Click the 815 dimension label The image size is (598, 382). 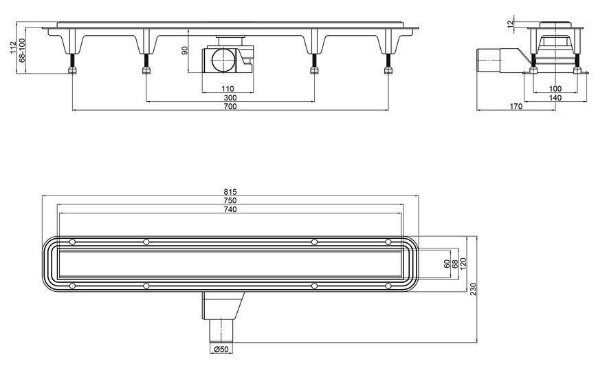[230, 192]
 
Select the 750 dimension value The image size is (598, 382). [230, 200]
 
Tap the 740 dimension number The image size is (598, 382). [230, 209]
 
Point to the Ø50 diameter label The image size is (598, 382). [221, 349]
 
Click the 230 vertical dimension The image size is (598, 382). [474, 289]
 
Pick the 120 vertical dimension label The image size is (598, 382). [464, 264]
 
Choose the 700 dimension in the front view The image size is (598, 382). [230, 107]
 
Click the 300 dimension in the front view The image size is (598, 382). [230, 98]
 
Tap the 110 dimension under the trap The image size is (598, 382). [228, 89]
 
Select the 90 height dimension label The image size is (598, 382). [185, 50]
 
